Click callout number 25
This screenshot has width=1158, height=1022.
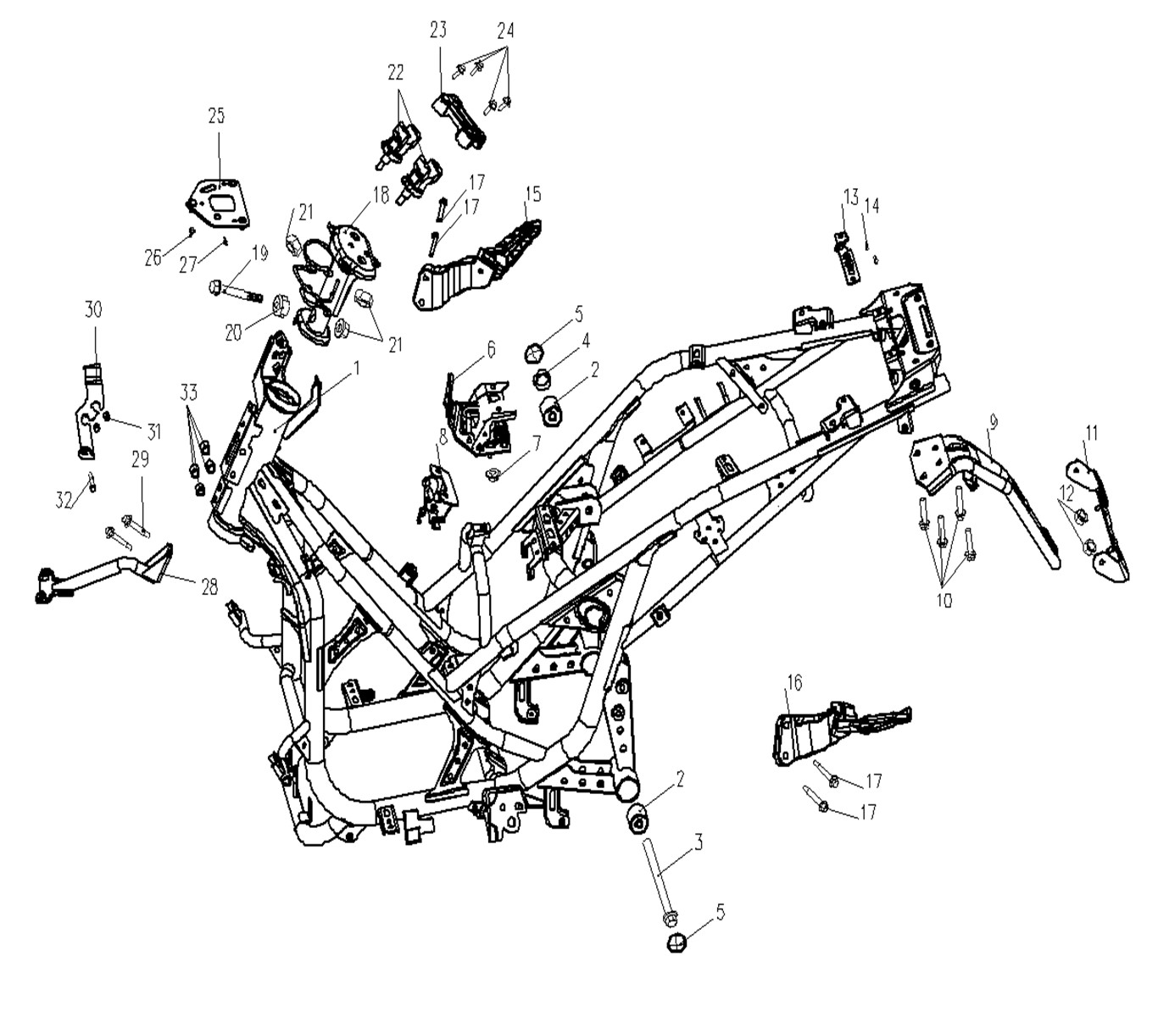click(x=216, y=116)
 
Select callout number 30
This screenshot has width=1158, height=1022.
click(x=93, y=309)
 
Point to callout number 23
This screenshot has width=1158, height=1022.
click(x=437, y=31)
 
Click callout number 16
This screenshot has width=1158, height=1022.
click(x=793, y=683)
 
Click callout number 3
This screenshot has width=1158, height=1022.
click(x=698, y=842)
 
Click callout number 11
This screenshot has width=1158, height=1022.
click(x=1091, y=434)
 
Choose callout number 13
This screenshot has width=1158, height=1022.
click(x=850, y=197)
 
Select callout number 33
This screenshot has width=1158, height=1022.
click(x=188, y=392)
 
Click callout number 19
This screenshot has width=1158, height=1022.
click(x=259, y=252)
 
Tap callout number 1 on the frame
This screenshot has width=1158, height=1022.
click(x=357, y=369)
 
